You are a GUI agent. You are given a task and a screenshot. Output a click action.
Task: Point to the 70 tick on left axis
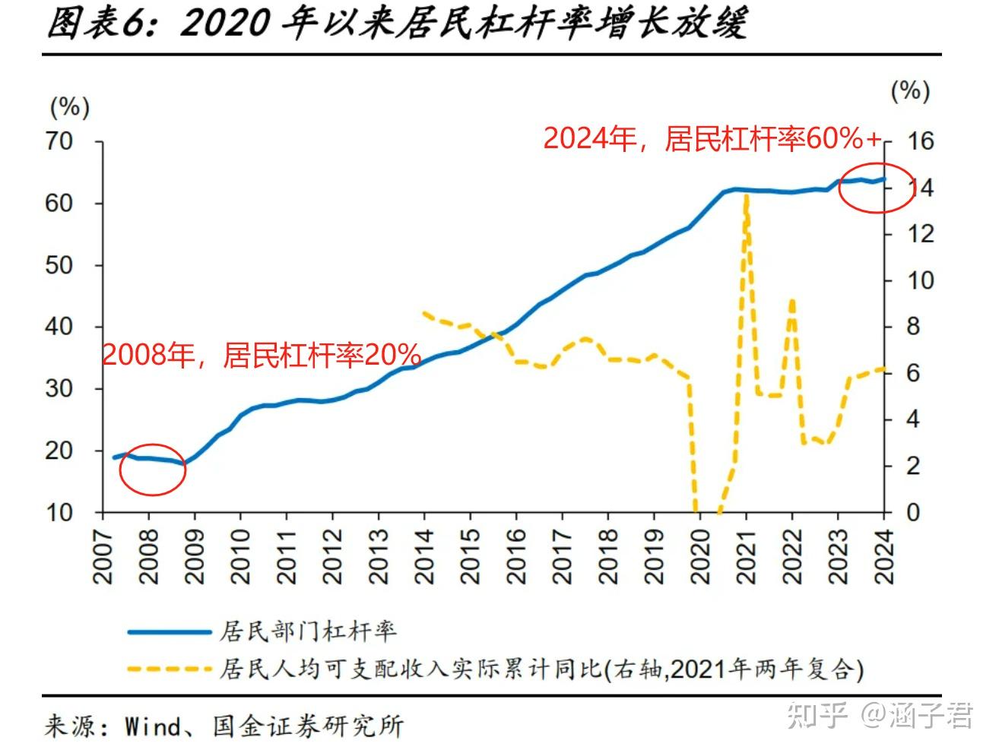point(59,141)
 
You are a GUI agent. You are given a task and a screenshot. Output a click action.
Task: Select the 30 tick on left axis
point(59,388)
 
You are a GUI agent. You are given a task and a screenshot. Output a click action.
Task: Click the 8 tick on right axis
point(913,327)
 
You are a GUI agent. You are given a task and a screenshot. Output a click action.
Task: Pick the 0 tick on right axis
point(913,512)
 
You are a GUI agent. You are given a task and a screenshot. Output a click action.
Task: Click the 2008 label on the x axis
point(149,556)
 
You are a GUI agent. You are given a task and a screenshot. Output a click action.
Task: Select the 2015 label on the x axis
point(471,556)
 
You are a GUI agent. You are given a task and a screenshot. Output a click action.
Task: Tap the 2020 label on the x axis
point(700,556)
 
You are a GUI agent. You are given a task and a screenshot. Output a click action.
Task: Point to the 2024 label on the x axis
point(884,556)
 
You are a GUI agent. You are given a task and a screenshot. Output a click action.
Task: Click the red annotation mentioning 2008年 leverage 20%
point(262,355)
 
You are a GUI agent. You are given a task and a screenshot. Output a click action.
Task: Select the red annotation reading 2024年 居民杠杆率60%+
point(712,138)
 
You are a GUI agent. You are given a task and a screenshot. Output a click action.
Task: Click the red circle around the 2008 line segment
point(153,470)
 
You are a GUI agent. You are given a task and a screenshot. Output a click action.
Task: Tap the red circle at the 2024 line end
point(876,188)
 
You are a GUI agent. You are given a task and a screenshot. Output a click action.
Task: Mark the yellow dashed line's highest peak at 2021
point(747,196)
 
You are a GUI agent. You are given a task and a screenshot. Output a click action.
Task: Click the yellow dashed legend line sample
point(169,669)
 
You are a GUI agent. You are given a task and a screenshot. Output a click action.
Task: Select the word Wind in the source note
point(153,726)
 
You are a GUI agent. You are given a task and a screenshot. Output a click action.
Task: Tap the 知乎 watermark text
point(817,714)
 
